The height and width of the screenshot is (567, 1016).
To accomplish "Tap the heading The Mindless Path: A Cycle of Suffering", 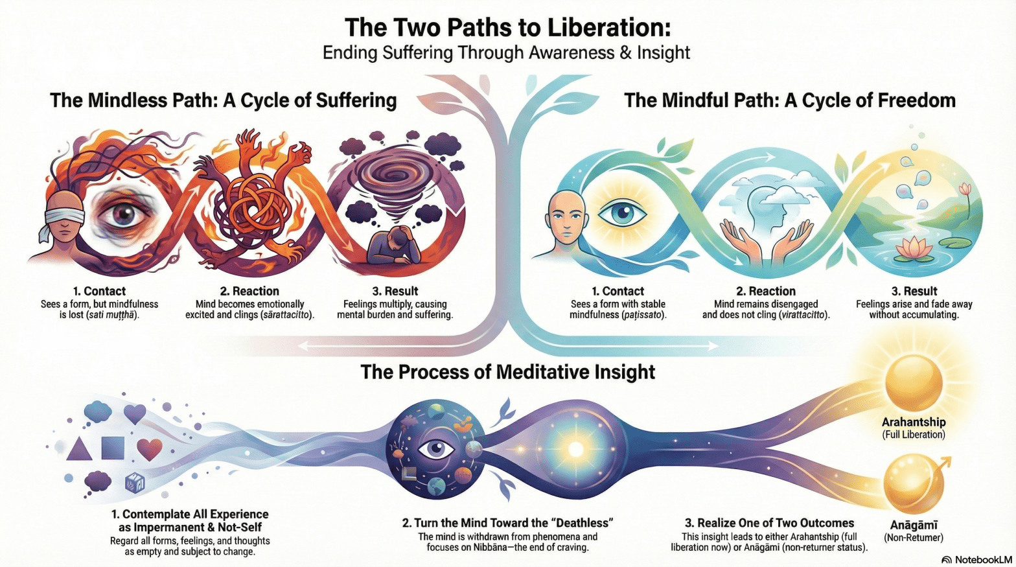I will pos(223,100).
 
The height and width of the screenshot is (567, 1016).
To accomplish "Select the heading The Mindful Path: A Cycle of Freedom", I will pos(789,100).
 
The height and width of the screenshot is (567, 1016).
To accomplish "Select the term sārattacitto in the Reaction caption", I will pos(285,315).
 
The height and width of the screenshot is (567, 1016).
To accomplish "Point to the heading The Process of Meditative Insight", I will pos(507,372).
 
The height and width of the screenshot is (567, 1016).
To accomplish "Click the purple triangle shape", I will pos(79,448).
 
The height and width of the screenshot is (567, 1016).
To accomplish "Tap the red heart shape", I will pos(149,448).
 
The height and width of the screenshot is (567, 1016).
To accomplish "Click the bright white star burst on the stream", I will pos(575,448).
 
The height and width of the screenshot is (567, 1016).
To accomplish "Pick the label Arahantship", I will pos(914,422).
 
